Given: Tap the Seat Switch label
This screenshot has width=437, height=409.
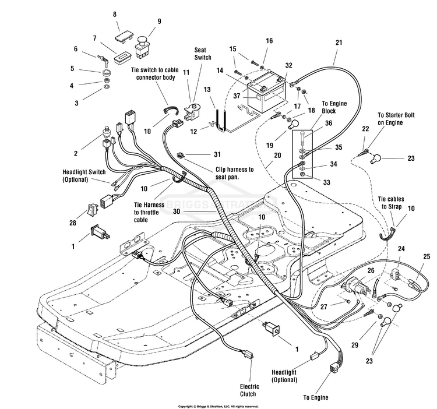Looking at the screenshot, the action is pyautogui.click(x=203, y=54).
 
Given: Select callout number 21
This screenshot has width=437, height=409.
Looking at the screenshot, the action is pyautogui.click(x=339, y=43).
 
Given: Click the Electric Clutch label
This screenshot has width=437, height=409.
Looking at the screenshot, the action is pyautogui.click(x=249, y=390).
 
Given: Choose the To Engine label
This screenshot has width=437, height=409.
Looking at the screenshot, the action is pyautogui.click(x=316, y=397).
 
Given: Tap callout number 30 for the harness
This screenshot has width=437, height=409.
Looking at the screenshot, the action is pyautogui.click(x=177, y=211).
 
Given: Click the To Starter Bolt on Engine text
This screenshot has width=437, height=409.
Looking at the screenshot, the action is pyautogui.click(x=396, y=119).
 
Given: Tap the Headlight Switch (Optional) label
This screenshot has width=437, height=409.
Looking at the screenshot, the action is pyautogui.click(x=84, y=175).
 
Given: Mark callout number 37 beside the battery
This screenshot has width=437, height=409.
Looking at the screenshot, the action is pyautogui.click(x=237, y=96).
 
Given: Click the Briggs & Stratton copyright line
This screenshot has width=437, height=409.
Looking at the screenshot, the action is pyautogui.click(x=218, y=407).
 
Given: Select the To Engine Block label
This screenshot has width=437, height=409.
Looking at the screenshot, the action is pyautogui.click(x=334, y=107).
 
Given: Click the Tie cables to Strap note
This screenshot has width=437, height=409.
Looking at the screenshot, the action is pyautogui.click(x=391, y=203).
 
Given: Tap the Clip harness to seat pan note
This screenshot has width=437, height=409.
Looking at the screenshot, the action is pyautogui.click(x=235, y=173).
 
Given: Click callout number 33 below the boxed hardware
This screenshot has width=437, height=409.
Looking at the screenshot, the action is pyautogui.click(x=326, y=182).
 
